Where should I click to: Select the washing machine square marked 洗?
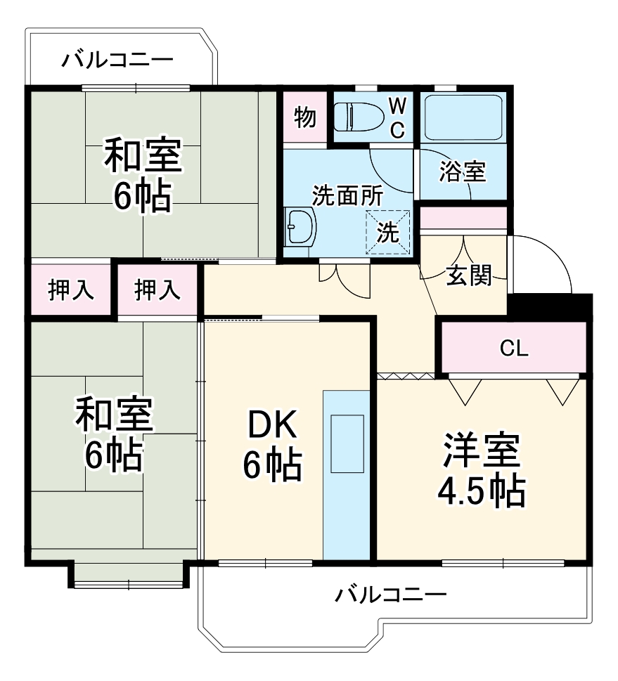coord(387,229)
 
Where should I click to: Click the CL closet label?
coord(514,347)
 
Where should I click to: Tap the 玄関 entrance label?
coord(468,276)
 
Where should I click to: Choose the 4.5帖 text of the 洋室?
coord(482,491)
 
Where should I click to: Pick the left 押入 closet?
coord(70,289)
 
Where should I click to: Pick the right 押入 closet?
coord(157,289)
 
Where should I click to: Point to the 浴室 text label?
coord(462,171)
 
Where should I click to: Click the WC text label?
coord(397,117)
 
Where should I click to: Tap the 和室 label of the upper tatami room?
coord(143,156)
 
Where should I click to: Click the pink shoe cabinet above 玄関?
coord(463,219)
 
